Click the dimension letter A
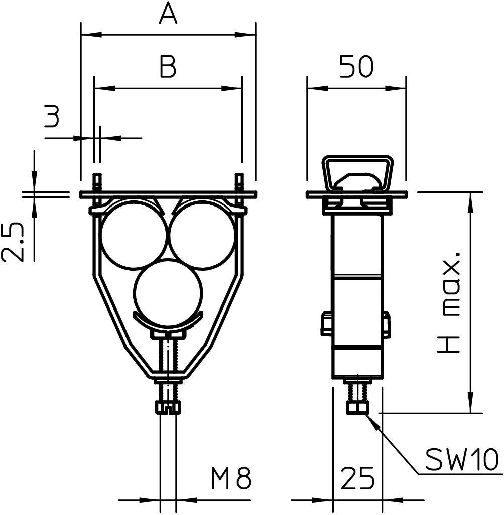point(168,14)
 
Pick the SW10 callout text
point(462,458)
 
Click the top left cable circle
point(133,235)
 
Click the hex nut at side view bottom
point(357,406)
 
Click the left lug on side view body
point(327,324)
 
